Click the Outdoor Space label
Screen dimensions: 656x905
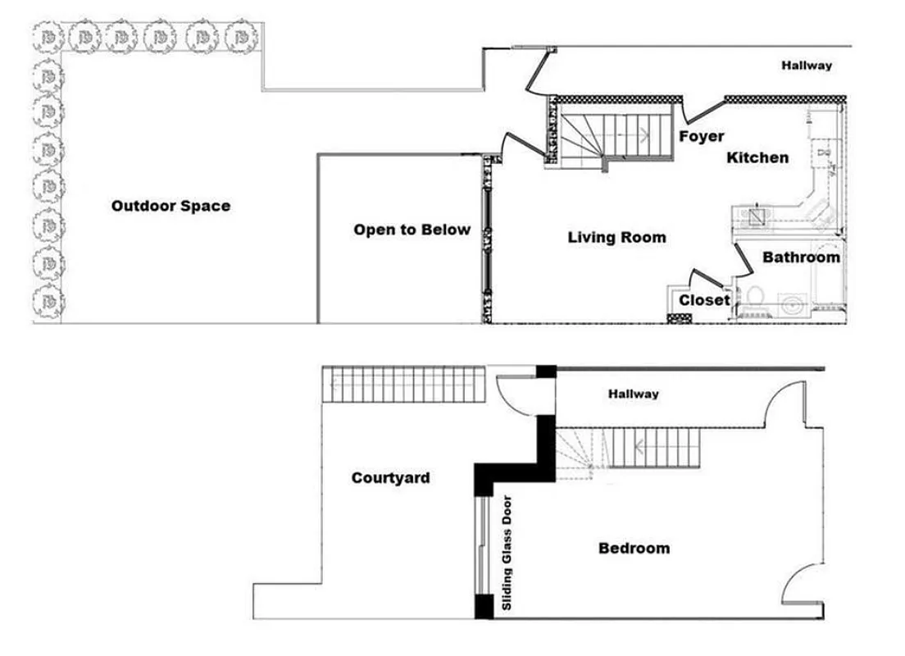tap(171, 206)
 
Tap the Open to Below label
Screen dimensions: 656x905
tap(412, 230)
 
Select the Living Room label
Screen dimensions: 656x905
tap(616, 238)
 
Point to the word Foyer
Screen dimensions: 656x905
tap(701, 136)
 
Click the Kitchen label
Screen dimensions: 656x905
tap(757, 157)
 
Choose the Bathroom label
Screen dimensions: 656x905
tap(801, 257)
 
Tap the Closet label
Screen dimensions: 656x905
tap(703, 300)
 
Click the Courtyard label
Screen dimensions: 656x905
tap(390, 478)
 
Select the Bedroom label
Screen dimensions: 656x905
tap(634, 548)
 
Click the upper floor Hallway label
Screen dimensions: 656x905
tap(806, 66)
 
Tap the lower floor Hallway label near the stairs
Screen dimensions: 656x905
tap(633, 394)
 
